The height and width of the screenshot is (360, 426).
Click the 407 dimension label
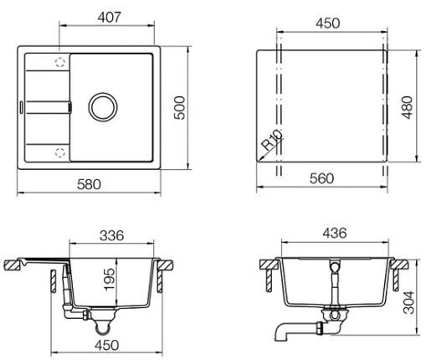(x=110, y=18)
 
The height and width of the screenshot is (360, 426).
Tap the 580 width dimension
(x=89, y=184)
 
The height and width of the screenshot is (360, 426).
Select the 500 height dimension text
(x=179, y=108)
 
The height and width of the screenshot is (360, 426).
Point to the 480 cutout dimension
(x=408, y=108)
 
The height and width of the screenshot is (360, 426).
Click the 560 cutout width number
(x=321, y=178)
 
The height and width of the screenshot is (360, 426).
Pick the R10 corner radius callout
(x=272, y=140)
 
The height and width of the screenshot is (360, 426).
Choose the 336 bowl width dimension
(x=111, y=235)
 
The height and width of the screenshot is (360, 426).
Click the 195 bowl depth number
(x=109, y=280)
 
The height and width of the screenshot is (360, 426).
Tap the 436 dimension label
(x=335, y=233)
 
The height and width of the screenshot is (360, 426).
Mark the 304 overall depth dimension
(x=409, y=302)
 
